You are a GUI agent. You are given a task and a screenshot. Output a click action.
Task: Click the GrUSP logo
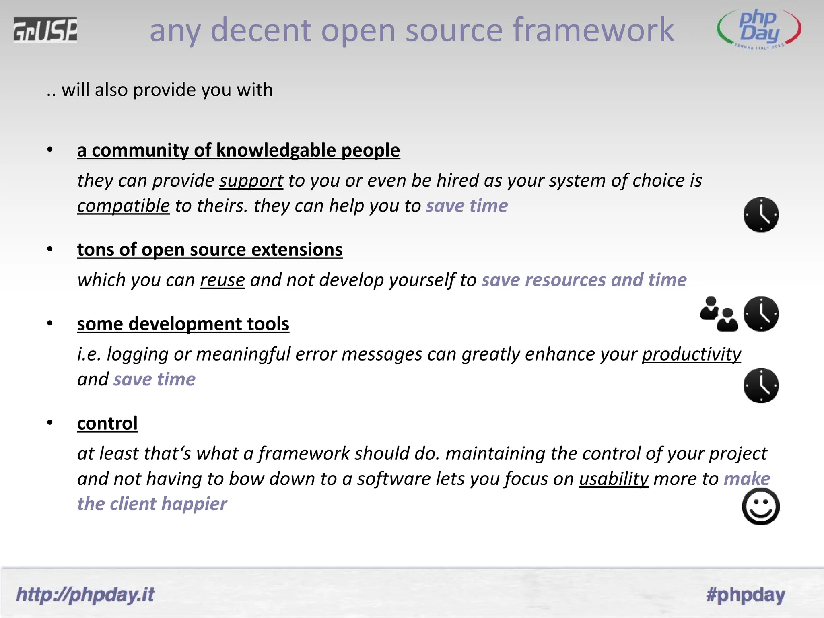pos(45,30)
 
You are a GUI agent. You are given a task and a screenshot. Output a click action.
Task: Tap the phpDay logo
pos(759,29)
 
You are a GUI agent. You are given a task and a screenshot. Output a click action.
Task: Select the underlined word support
pos(251,181)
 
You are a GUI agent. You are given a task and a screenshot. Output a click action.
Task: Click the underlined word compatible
pos(124,206)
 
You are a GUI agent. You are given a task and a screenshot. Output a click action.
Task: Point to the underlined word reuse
pos(222,280)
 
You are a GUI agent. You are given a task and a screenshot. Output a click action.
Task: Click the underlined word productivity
pos(691,354)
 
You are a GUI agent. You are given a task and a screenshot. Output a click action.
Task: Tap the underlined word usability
pos(614,479)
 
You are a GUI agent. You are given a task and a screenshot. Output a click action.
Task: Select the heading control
pos(107,423)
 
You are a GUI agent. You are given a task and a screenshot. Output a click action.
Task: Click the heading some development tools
pos(183,324)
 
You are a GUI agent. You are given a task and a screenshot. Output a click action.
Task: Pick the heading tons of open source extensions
pos(210,250)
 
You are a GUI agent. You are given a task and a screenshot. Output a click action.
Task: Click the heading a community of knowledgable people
pos(238,150)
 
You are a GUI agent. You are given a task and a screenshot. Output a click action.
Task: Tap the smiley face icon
pos(760,506)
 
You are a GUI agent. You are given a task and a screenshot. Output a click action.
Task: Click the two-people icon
pos(719,314)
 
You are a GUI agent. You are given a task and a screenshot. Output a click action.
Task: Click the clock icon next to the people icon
pos(761,314)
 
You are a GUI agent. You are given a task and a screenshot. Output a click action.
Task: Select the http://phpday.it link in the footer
pos(85,594)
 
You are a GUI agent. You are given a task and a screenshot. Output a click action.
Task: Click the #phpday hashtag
pos(746,594)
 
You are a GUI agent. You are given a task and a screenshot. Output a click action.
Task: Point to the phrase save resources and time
pos(584,280)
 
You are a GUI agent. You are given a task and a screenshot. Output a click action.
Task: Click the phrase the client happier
pos(152,504)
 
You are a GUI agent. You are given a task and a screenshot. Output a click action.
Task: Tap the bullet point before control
pos(50,422)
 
